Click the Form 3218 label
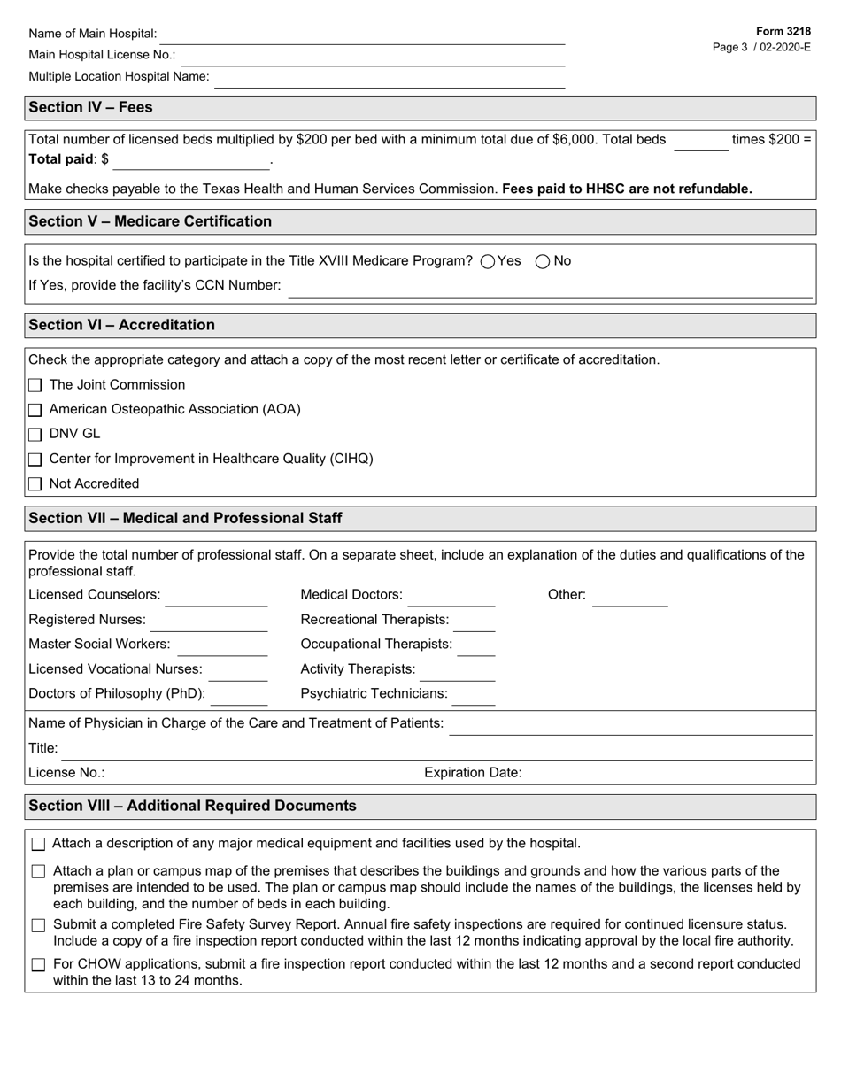click(x=783, y=31)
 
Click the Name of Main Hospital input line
click(x=361, y=35)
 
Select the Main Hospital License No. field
click(x=370, y=57)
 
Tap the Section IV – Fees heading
click(x=90, y=107)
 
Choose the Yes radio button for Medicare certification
click(x=488, y=261)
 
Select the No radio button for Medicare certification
click(x=544, y=261)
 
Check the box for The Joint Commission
click(x=35, y=385)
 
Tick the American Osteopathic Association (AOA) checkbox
click(x=35, y=410)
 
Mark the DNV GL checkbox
click(x=35, y=435)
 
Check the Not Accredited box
click(x=35, y=484)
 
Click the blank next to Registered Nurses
click(x=208, y=622)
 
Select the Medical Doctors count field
click(x=451, y=597)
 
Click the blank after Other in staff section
click(x=629, y=597)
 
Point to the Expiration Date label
click(x=473, y=772)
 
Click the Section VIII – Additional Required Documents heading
click(x=192, y=806)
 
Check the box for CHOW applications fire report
click(x=38, y=965)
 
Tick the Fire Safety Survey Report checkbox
click(x=38, y=925)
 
